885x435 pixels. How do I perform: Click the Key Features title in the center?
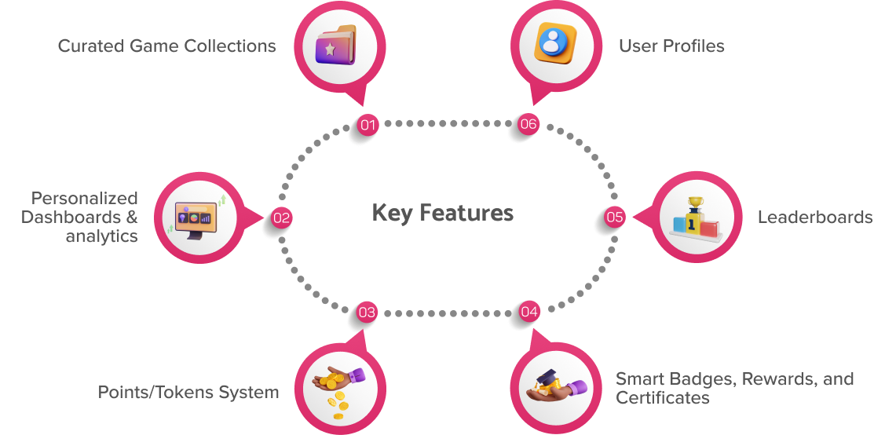442,213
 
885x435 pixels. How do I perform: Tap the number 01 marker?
368,124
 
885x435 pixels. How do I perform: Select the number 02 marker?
281,218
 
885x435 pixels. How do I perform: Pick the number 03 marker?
367,313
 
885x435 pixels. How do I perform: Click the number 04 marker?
529,313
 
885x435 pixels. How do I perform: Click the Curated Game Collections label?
166,46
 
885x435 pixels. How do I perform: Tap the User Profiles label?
671,46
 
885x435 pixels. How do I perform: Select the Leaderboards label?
814,217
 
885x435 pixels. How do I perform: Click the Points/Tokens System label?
188,392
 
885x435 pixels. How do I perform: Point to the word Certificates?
663,398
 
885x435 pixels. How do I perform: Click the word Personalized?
85,198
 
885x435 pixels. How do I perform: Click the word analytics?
101,236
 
